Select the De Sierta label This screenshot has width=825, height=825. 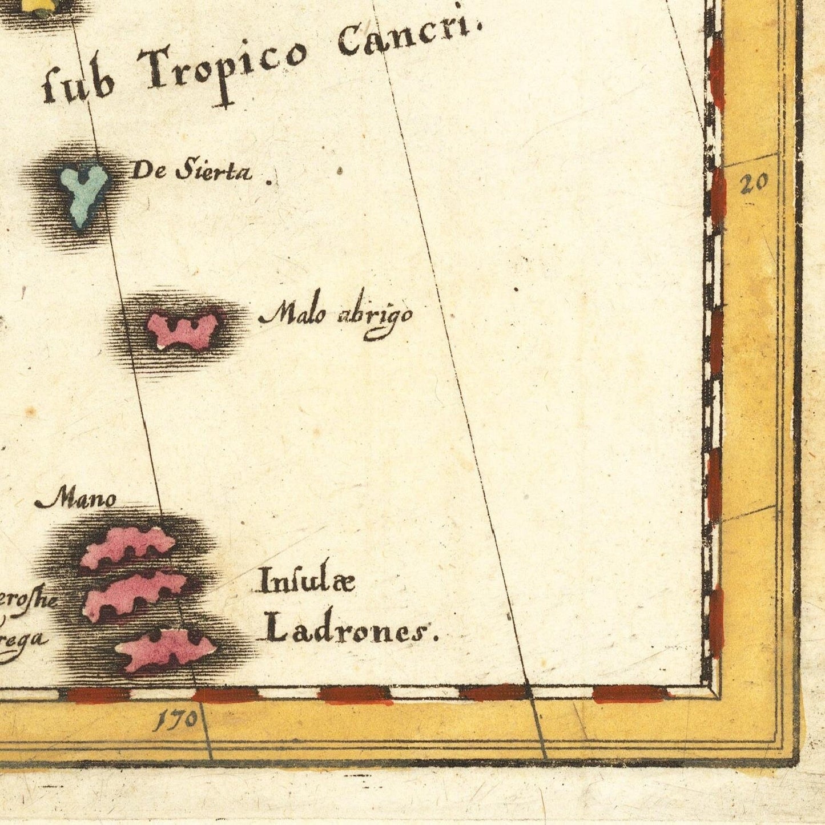coord(191,171)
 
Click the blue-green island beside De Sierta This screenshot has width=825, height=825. coord(84,194)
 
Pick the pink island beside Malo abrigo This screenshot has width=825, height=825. coord(184,329)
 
